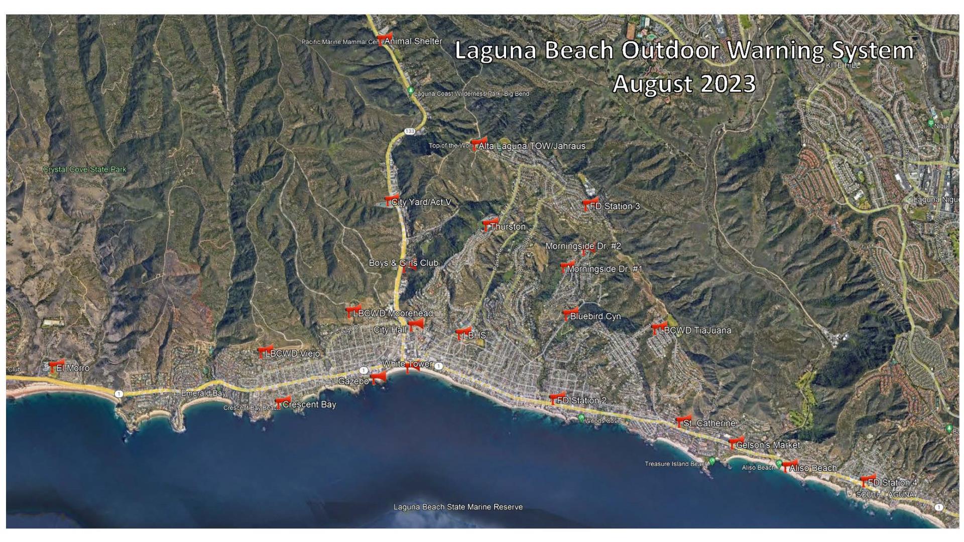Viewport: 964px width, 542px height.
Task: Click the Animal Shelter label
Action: [413, 41]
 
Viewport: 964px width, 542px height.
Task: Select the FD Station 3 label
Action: [615, 206]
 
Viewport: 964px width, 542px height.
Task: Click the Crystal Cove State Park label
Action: [84, 170]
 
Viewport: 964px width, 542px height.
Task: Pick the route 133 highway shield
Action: [410, 131]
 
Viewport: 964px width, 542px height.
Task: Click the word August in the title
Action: [652, 83]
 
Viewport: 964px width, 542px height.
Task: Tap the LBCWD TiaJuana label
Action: [695, 331]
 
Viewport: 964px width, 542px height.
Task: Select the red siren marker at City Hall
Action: [415, 325]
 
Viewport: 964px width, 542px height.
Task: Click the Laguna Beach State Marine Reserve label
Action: [458, 507]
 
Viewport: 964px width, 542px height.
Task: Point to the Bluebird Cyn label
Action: [595, 317]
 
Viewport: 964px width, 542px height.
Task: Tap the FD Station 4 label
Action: [892, 483]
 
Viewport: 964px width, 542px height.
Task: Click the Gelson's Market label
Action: [768, 445]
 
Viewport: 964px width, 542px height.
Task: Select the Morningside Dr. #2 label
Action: [583, 246]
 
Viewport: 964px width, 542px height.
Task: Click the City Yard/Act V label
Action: [421, 202]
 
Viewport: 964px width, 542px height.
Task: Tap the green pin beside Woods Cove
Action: [581, 418]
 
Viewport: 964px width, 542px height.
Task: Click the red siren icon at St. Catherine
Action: [683, 421]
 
